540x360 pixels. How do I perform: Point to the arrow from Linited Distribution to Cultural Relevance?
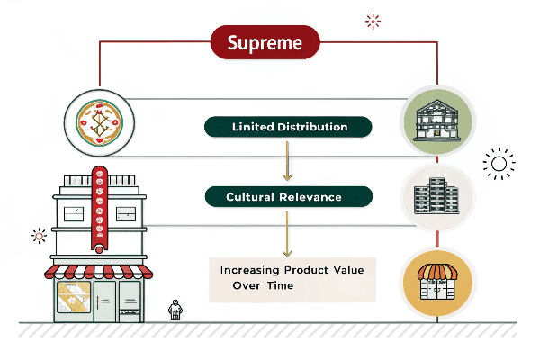[286, 161]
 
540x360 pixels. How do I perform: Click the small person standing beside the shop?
[175, 310]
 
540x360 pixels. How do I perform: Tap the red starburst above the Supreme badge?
[372, 22]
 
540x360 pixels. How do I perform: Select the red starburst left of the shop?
[38, 237]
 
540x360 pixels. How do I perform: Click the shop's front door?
[105, 301]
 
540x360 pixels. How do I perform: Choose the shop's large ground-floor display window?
[71, 299]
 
